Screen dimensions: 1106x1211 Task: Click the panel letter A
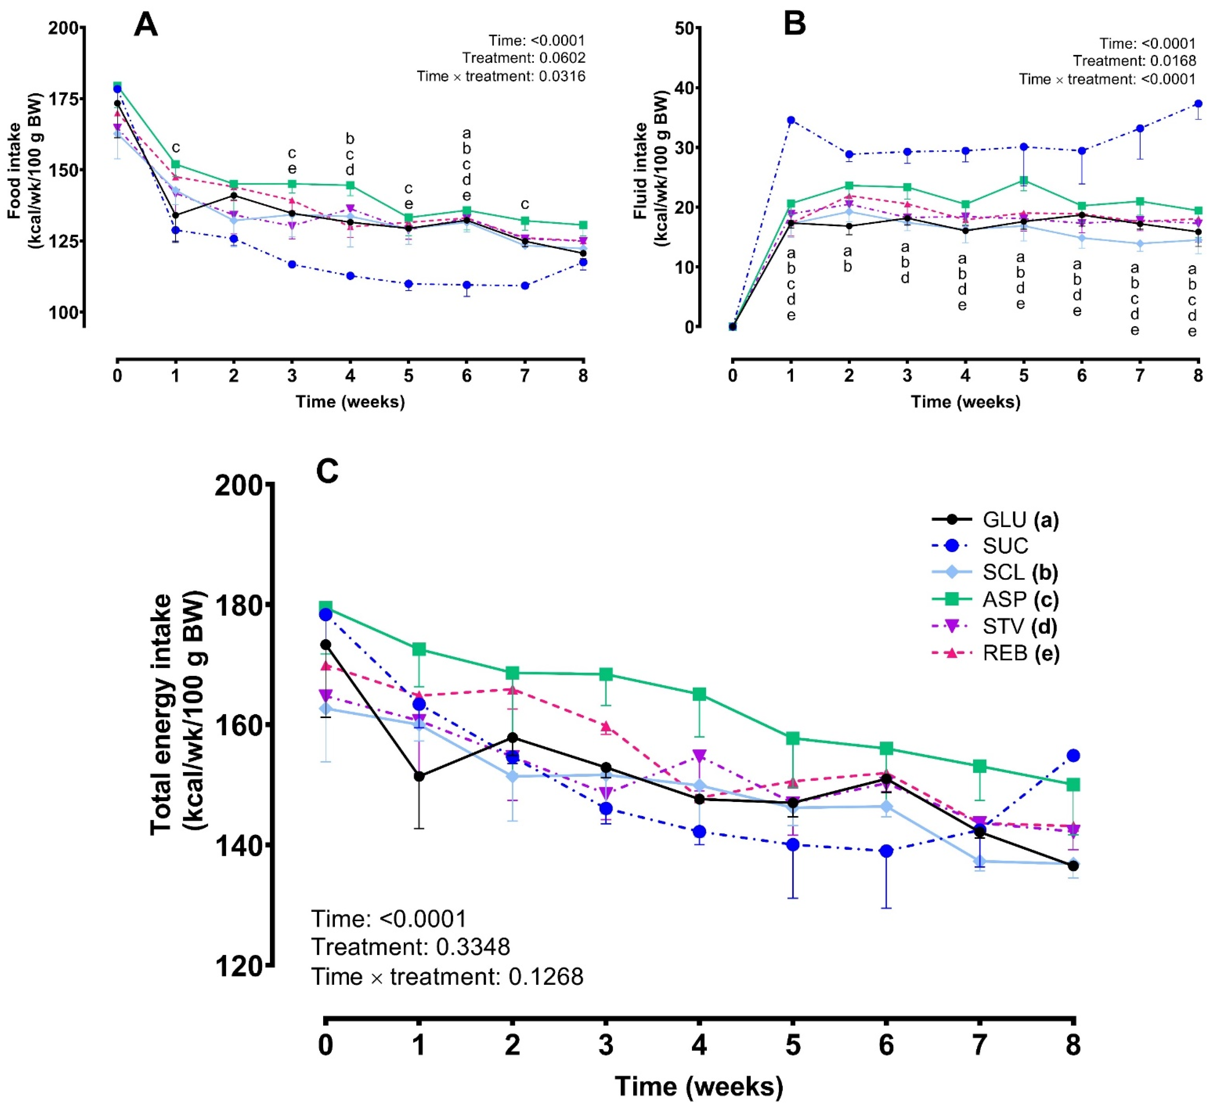[x=146, y=26]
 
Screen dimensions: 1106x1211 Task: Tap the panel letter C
[x=327, y=472]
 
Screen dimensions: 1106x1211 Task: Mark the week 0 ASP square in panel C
[x=325, y=607]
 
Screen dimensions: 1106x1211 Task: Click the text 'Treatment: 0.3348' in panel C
[x=410, y=947]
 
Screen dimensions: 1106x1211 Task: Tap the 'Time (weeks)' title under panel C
[x=699, y=1086]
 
